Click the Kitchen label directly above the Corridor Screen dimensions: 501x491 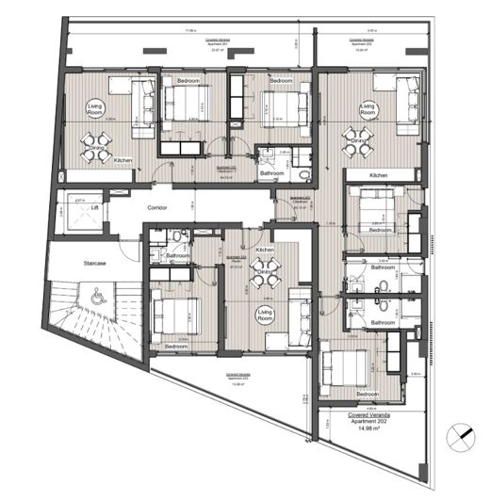123,161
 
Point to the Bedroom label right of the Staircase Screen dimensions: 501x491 176,346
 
